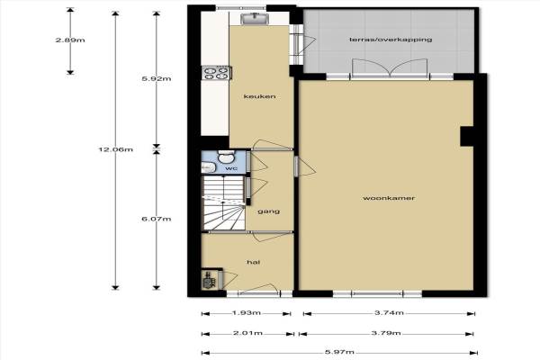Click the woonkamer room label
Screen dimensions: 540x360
389,198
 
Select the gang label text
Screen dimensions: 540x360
268,211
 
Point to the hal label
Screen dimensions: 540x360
253,263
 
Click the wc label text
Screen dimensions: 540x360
231,168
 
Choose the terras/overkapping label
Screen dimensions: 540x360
391,40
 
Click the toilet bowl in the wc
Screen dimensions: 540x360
226,157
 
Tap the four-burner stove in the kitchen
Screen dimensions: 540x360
216,73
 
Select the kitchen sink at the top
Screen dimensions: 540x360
255,19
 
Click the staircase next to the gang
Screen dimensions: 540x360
224,202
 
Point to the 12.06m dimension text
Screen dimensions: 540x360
116,149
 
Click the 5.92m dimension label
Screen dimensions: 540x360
157,78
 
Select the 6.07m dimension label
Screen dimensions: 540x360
157,219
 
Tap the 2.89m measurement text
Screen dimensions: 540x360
70,40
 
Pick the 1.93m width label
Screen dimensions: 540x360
247,313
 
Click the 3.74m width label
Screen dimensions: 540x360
389,313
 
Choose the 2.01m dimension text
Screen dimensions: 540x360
248,333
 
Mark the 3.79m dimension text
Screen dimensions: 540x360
386,333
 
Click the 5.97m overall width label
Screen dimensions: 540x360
339,352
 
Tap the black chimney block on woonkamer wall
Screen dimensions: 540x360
467,136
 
